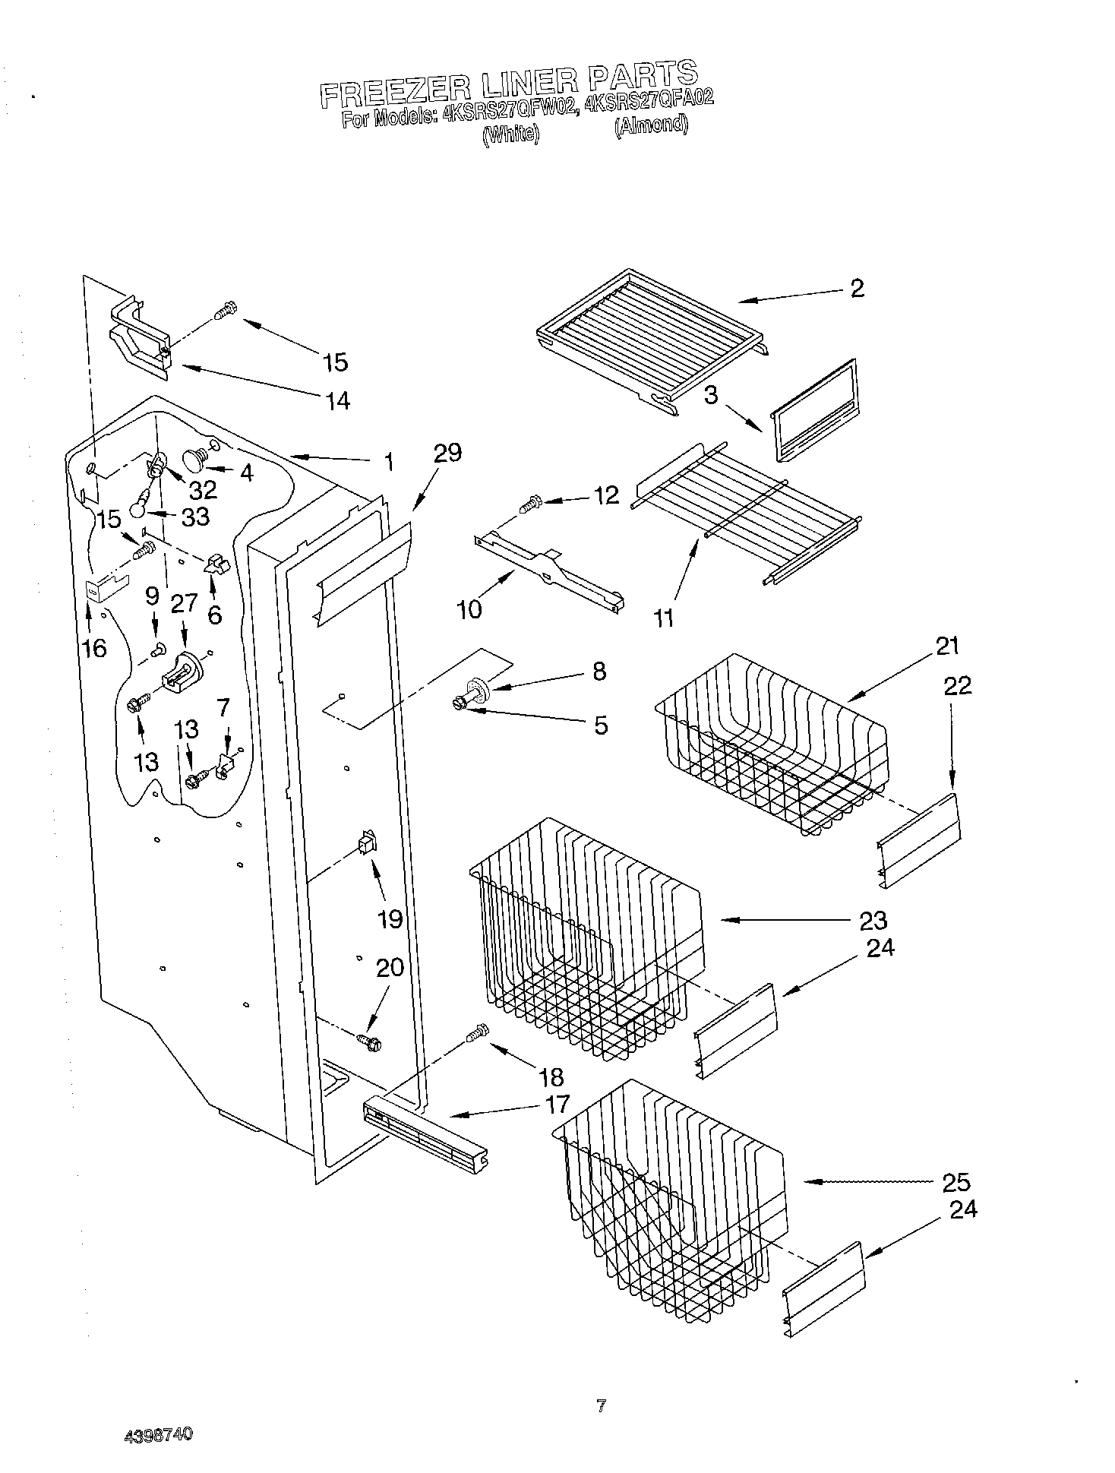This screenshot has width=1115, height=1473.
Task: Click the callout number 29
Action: pos(447,453)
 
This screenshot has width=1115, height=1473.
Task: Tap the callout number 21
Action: pos(947,646)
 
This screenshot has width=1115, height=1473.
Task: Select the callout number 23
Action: pos(873,920)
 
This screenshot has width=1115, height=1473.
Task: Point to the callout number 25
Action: pos(955,1182)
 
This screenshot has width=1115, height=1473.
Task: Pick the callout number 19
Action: pos(390,919)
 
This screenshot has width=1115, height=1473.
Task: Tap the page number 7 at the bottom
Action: pos(601,1406)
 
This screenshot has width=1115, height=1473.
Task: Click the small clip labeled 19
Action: pos(365,843)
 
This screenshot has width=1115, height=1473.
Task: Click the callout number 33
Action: pos(195,517)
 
